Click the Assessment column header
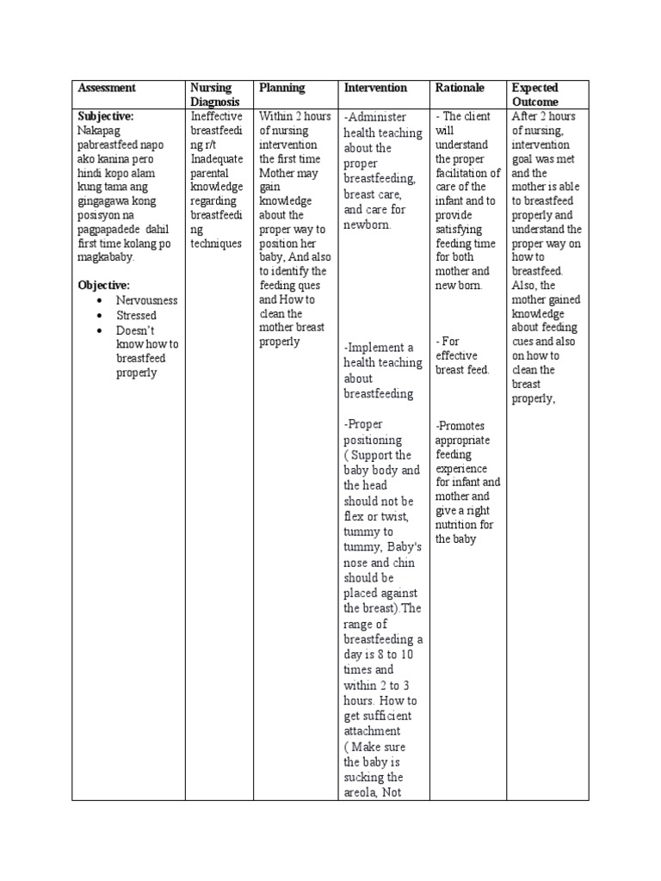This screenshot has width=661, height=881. [107, 88]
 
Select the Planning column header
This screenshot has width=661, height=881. [282, 88]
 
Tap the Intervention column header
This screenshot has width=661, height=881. [375, 88]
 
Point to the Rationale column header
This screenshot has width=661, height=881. [460, 88]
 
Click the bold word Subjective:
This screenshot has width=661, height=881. [106, 115]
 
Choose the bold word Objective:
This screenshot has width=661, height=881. [103, 285]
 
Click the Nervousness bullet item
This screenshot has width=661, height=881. [146, 300]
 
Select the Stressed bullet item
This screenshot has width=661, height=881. [136, 316]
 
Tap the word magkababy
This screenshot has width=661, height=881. [107, 257]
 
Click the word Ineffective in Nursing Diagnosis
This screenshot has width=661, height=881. [216, 116]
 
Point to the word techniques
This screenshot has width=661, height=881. [217, 243]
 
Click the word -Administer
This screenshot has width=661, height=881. [375, 117]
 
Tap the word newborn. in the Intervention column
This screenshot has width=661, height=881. [368, 225]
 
